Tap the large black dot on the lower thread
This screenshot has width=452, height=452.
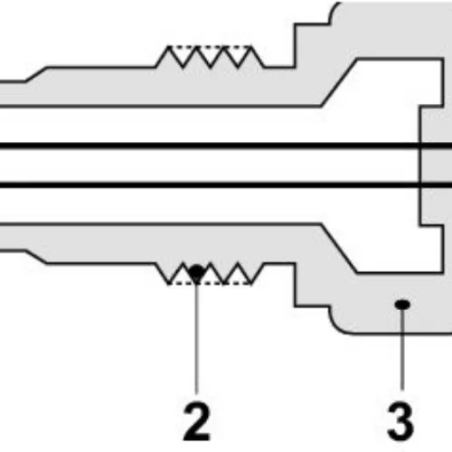pyautogui.click(x=196, y=271)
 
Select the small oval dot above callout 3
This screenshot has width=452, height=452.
pyautogui.click(x=402, y=305)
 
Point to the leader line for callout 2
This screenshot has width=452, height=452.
pyautogui.click(x=196, y=336)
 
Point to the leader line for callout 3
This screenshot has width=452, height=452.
pyautogui.click(x=402, y=350)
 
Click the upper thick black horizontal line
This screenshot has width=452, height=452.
pyautogui.click(x=226, y=146)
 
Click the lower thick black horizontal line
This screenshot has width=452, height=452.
pyautogui.click(x=226, y=184)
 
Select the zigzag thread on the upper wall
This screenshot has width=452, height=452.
pyautogui.click(x=210, y=57)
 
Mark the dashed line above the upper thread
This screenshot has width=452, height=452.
pyautogui.click(x=210, y=47)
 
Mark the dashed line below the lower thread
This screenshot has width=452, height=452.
pyautogui.click(x=210, y=283)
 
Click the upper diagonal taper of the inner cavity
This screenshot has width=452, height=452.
pyautogui.click(x=339, y=82)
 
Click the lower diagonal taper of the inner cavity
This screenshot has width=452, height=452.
pyautogui.click(x=339, y=249)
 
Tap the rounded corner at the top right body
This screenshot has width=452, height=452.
pyautogui.click(x=335, y=11)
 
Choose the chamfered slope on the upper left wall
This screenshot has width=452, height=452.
pyautogui.click(x=36, y=74)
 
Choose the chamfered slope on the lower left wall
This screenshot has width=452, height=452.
pyautogui.click(x=36, y=257)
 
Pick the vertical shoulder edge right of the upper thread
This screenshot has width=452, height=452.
pyautogui.click(x=295, y=45)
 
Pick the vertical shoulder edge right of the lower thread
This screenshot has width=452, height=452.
pyautogui.click(x=295, y=285)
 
